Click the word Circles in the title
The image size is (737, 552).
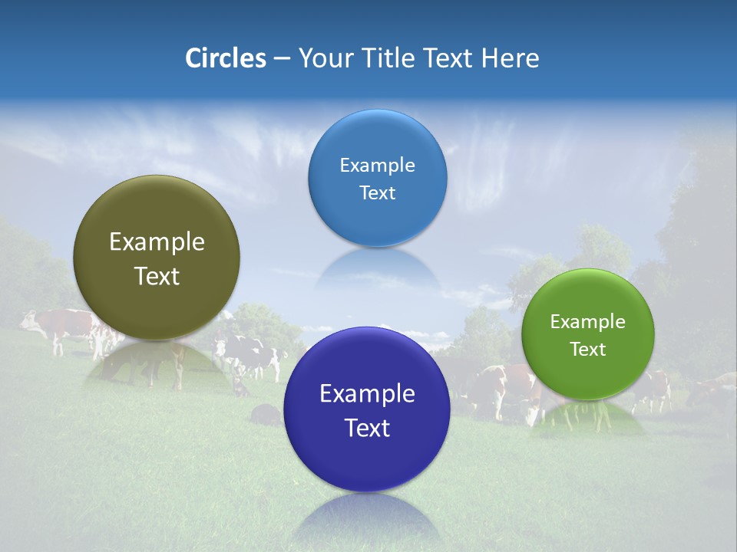[226, 58]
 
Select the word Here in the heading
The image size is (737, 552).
[511, 58]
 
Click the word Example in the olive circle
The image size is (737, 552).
[157, 242]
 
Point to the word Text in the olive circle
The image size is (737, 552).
[157, 276]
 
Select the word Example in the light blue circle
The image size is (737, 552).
[377, 166]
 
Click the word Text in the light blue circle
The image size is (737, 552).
[377, 192]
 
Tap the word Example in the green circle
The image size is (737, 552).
[588, 322]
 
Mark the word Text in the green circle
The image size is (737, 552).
[588, 350]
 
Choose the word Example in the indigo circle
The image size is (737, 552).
[367, 394]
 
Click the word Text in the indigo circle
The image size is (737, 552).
[367, 428]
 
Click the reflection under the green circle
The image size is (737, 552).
[588, 419]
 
